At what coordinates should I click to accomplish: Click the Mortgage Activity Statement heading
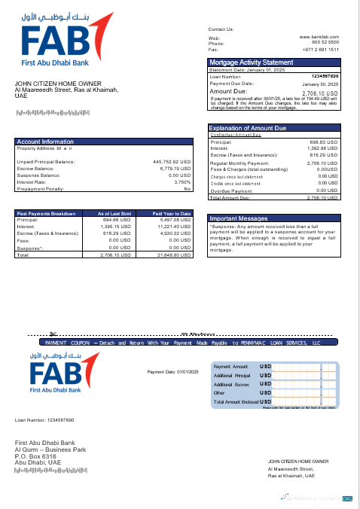pos(251,62)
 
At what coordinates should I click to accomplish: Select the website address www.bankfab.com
pos(319,36)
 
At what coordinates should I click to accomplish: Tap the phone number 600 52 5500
pos(325,42)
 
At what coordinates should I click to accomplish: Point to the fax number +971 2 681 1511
pos(320,49)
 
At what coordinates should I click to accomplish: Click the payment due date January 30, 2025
pos(320,84)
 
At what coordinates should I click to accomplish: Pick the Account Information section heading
pos(45,142)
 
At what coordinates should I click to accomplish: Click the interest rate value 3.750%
pos(182,181)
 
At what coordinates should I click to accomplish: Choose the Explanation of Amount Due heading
pos(248,128)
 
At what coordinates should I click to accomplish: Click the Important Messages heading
pos(238,218)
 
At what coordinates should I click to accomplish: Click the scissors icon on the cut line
pos(52,334)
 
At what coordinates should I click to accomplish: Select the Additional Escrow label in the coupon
pos(231,384)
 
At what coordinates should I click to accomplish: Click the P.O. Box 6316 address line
pos(35,456)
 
